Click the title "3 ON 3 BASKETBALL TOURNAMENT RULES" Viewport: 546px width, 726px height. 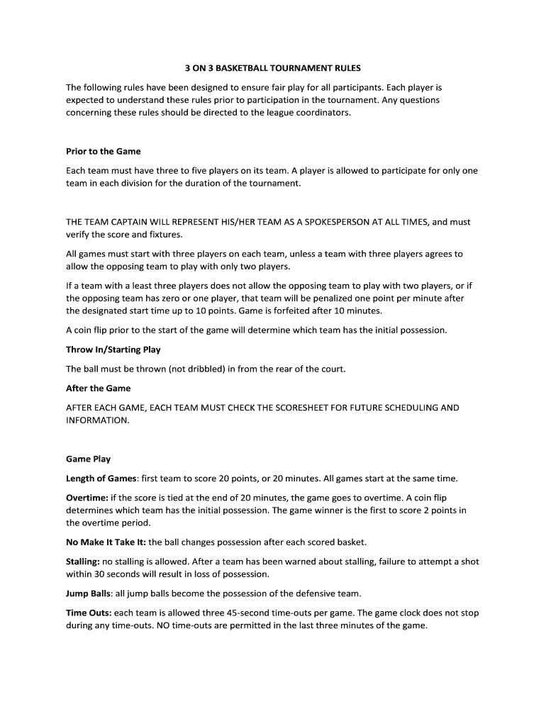pyautogui.click(x=273, y=69)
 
